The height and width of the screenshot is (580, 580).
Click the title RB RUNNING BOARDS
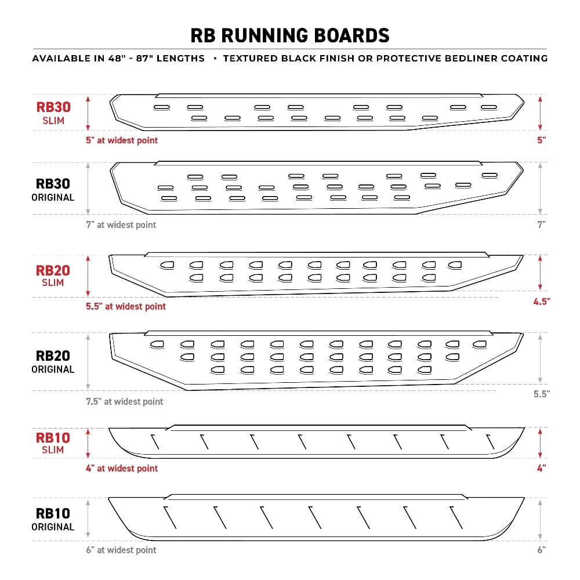tap(290, 35)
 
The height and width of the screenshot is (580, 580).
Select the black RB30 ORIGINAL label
tap(53, 190)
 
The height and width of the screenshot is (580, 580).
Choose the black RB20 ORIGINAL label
tap(53, 361)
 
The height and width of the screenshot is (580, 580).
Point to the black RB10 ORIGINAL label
tap(53, 519)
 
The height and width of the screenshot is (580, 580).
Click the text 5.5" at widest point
tap(125, 306)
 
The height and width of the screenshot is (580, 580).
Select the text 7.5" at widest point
tap(124, 401)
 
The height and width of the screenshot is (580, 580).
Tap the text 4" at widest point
tap(121, 468)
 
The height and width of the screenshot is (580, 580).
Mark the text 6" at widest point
tap(121, 550)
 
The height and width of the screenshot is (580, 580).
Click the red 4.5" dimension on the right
tap(541, 301)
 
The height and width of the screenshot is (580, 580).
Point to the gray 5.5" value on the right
tap(541, 393)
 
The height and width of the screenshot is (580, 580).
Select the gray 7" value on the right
tap(541, 224)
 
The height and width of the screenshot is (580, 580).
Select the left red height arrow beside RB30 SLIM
tap(88, 113)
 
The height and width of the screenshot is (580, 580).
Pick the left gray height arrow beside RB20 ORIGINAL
tap(88, 361)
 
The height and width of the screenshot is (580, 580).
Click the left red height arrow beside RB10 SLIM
tap(88, 444)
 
